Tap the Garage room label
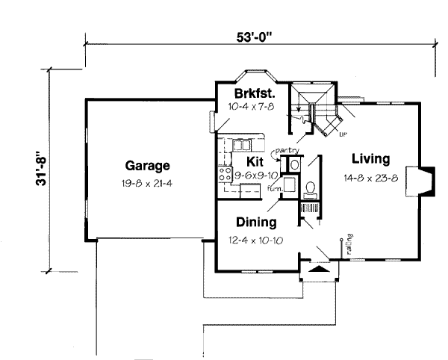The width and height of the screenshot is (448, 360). [147, 166]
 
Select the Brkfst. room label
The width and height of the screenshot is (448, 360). [250, 94]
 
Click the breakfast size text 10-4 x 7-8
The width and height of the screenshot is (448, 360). [250, 108]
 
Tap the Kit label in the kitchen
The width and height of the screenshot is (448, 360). [256, 161]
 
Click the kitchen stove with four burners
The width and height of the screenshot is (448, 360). [224, 175]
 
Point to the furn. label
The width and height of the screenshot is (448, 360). [275, 189]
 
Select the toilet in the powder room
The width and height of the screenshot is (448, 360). [311, 187]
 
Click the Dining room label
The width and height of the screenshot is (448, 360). [256, 222]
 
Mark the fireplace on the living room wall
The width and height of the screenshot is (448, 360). [423, 180]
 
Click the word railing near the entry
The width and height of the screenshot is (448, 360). [349, 243]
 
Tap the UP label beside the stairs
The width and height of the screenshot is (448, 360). [343, 134]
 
